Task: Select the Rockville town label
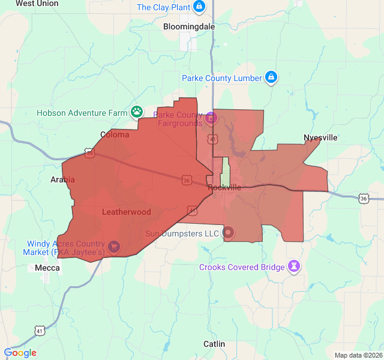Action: (x=224, y=187)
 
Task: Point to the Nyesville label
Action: (x=320, y=137)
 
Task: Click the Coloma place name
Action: (x=115, y=134)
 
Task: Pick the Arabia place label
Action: (x=62, y=179)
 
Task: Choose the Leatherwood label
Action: (x=126, y=212)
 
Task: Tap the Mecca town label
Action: (x=47, y=268)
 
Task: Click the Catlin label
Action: (x=214, y=344)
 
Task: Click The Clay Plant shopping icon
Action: (x=200, y=7)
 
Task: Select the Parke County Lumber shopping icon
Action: (x=271, y=78)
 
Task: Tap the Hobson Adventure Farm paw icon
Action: (x=137, y=112)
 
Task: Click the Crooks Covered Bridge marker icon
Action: (x=294, y=266)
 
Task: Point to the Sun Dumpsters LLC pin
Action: (x=229, y=232)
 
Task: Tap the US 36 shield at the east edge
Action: (x=364, y=198)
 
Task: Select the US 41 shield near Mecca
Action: (x=40, y=331)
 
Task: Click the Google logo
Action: (x=20, y=353)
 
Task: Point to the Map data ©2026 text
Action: (x=358, y=355)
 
